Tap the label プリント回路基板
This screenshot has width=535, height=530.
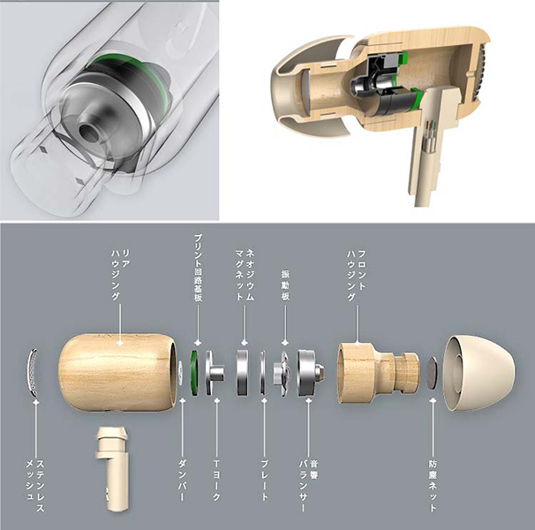click(x=198, y=268)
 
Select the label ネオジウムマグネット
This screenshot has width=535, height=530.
click(x=245, y=275)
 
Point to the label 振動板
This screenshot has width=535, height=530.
click(x=285, y=285)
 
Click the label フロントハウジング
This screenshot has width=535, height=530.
click(x=357, y=276)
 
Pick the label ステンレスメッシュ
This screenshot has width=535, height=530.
click(x=35, y=485)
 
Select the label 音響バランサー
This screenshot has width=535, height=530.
click(x=308, y=486)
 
